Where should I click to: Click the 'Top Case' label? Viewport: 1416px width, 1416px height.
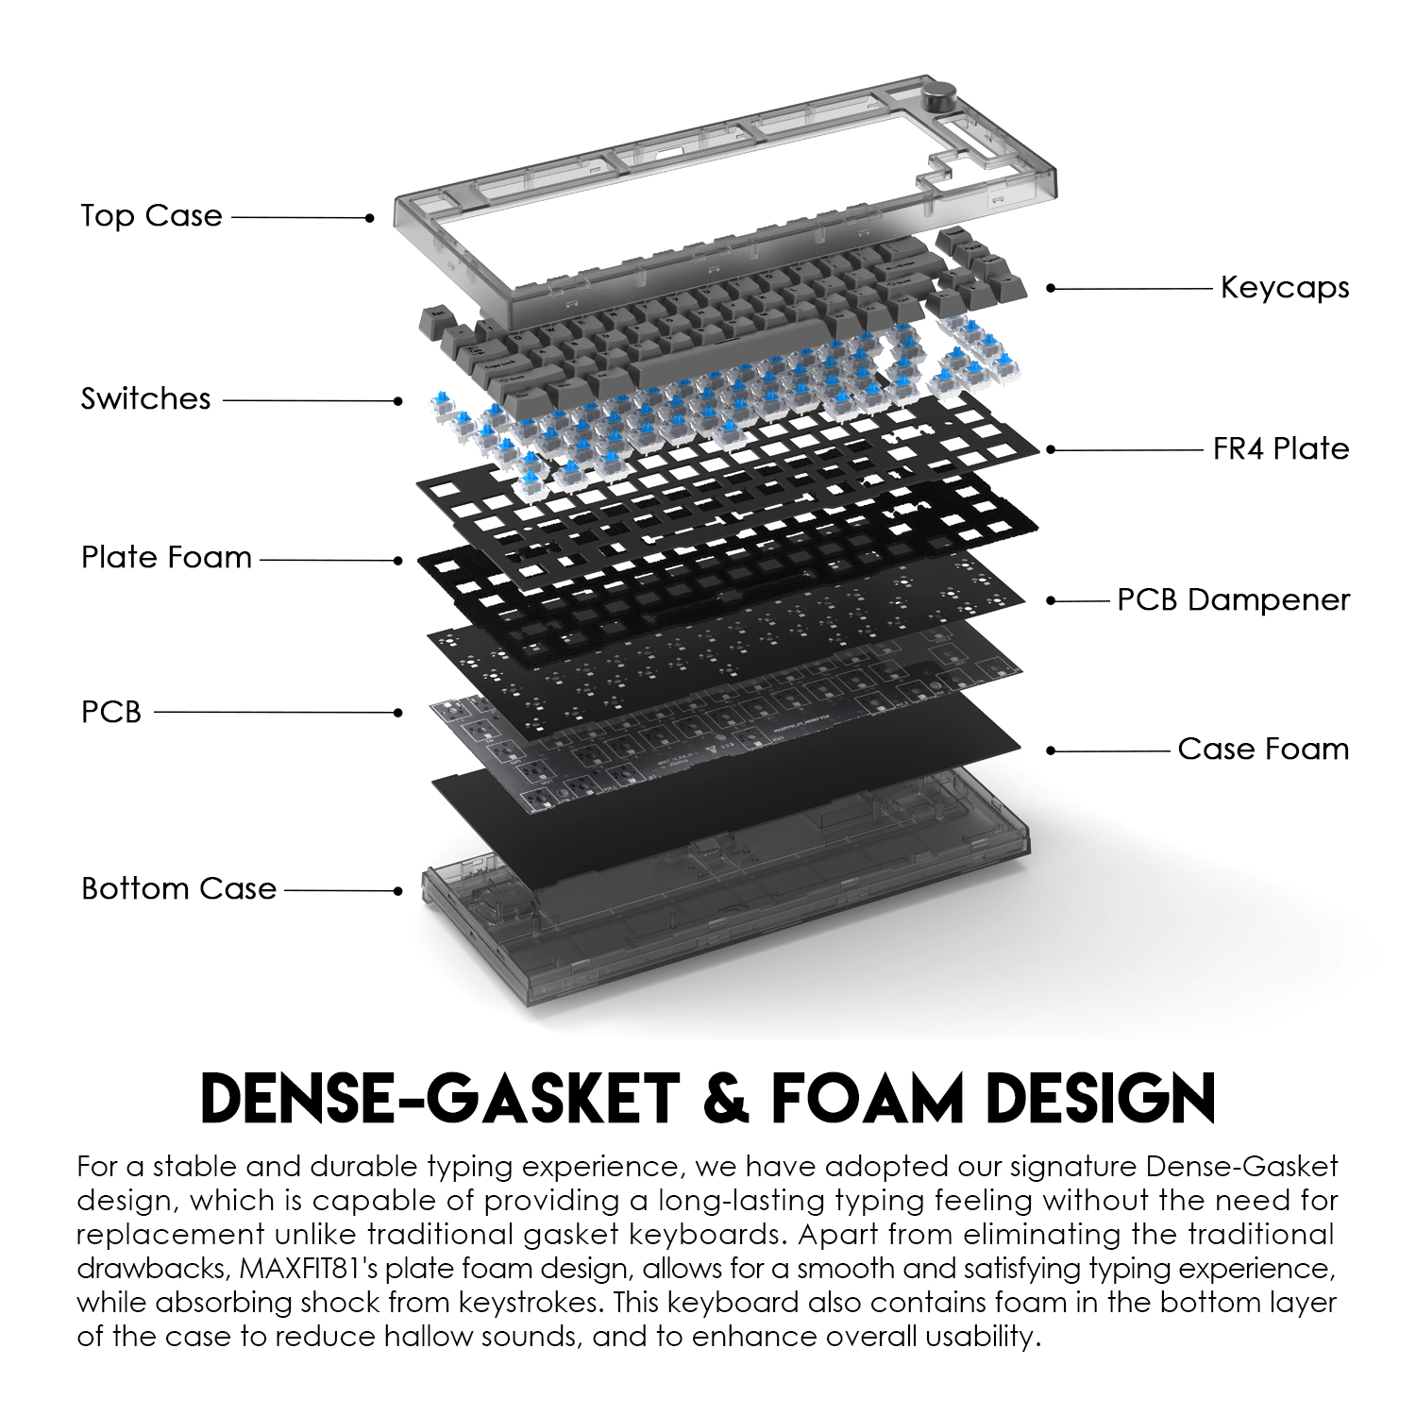click(x=151, y=215)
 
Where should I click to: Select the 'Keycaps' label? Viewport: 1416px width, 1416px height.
click(x=1284, y=287)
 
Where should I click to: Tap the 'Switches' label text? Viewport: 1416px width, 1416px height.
click(x=145, y=398)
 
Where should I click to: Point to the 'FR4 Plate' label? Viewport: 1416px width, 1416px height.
click(x=1280, y=448)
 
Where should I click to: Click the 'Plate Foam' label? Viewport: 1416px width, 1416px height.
click(x=166, y=557)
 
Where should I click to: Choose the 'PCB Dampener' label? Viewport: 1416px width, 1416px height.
click(x=1233, y=599)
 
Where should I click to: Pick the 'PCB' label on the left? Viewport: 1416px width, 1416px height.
click(x=110, y=712)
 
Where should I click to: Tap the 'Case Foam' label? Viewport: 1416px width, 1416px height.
click(x=1263, y=749)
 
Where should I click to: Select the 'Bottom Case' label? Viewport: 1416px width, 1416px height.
click(x=178, y=888)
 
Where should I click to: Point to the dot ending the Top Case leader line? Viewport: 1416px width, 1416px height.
click(x=370, y=217)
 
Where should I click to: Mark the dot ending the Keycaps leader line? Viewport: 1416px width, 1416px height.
click(x=1051, y=288)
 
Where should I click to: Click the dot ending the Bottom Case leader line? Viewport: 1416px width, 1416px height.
click(x=398, y=890)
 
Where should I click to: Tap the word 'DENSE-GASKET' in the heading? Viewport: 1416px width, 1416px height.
click(x=440, y=1097)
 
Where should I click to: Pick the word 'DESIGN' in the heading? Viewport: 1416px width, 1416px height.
click(x=1104, y=1097)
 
